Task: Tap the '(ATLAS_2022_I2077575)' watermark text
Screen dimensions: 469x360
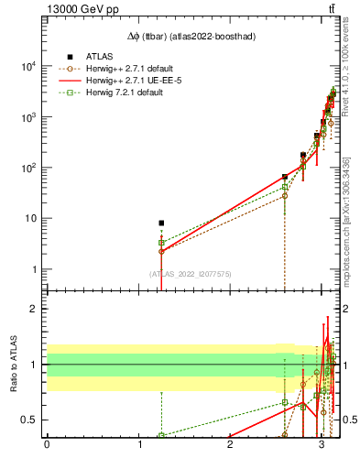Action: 190,274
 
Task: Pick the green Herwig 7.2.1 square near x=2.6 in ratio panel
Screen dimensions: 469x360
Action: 285,402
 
